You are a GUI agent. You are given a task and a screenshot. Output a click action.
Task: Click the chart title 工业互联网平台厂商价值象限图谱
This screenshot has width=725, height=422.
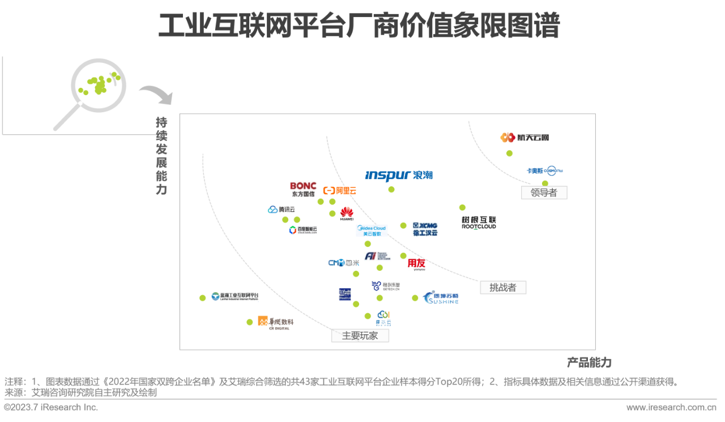click(359, 25)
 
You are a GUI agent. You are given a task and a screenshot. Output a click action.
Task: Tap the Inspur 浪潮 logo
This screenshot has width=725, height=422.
click(399, 175)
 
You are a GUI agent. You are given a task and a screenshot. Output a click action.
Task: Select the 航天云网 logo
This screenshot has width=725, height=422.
click(524, 137)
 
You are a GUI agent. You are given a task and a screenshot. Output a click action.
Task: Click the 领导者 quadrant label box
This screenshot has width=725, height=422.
click(544, 193)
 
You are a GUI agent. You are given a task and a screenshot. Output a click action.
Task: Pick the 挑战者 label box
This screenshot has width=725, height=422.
click(503, 287)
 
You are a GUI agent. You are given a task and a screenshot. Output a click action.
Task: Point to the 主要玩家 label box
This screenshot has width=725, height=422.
click(360, 335)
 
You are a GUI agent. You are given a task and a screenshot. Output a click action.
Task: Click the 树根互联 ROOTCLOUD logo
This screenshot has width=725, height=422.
click(479, 223)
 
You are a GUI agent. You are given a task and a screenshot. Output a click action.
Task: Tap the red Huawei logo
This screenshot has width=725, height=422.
click(347, 214)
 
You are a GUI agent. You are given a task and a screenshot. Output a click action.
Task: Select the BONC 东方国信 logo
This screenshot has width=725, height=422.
click(303, 189)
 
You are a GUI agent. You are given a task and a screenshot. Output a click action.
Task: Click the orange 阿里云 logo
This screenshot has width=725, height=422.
click(340, 190)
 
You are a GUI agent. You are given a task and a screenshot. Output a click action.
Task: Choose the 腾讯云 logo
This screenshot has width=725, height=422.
click(282, 210)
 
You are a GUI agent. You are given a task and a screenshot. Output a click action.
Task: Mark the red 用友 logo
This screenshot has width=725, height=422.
click(416, 264)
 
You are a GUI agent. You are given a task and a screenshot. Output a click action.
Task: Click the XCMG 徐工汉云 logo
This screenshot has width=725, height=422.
click(425, 229)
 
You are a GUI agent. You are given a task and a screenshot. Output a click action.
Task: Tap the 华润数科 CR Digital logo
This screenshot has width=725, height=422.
click(276, 322)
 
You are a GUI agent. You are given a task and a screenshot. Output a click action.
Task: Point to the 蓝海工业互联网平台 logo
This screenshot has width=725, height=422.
click(235, 296)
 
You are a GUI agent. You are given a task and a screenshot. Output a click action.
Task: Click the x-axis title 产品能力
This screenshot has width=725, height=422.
click(589, 363)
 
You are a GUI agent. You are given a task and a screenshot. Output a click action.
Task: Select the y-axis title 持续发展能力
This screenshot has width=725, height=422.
click(161, 156)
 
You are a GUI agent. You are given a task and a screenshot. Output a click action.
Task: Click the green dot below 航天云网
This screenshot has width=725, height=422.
click(509, 154)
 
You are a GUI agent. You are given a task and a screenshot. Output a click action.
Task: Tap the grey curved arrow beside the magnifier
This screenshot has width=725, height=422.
click(156, 94)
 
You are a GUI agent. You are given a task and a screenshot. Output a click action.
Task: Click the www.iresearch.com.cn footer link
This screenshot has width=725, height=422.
click(671, 407)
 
